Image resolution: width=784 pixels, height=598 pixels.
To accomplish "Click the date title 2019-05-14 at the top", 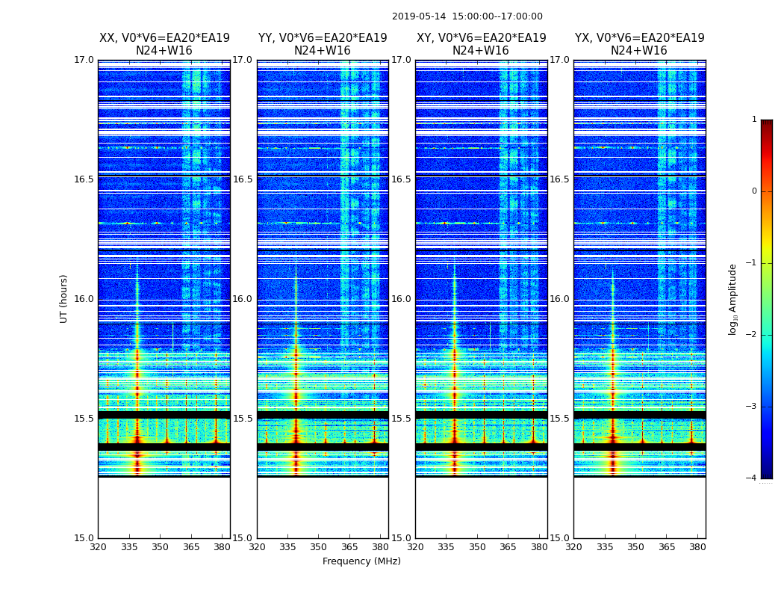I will pyautogui.click(x=467, y=16).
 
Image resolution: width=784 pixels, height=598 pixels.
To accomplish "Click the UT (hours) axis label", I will pyautogui.click(x=64, y=298).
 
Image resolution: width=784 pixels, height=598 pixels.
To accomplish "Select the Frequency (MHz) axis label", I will pyautogui.click(x=361, y=561).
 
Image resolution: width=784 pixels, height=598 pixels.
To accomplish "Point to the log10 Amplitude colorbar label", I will pyautogui.click(x=733, y=299).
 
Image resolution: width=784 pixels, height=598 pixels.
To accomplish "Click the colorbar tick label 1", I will pyautogui.click(x=754, y=120).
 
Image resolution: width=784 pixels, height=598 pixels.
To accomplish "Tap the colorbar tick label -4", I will pyautogui.click(x=753, y=478).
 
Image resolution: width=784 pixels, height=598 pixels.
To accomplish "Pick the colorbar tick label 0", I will pyautogui.click(x=754, y=191).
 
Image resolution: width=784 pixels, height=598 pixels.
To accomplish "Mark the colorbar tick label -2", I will pyautogui.click(x=753, y=335).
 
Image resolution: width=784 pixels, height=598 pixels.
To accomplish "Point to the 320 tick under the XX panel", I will pyautogui.click(x=99, y=547).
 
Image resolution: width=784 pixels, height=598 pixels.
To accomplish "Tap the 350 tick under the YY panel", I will pyautogui.click(x=319, y=547).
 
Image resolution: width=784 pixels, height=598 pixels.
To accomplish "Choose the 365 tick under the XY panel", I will pyautogui.click(x=508, y=547).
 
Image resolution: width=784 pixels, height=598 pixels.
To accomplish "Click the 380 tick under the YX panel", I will pyautogui.click(x=697, y=547).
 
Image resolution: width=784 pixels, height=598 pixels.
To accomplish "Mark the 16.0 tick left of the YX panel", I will pyautogui.click(x=561, y=299).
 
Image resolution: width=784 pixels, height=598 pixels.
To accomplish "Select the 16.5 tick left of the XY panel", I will pyautogui.click(x=402, y=179).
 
